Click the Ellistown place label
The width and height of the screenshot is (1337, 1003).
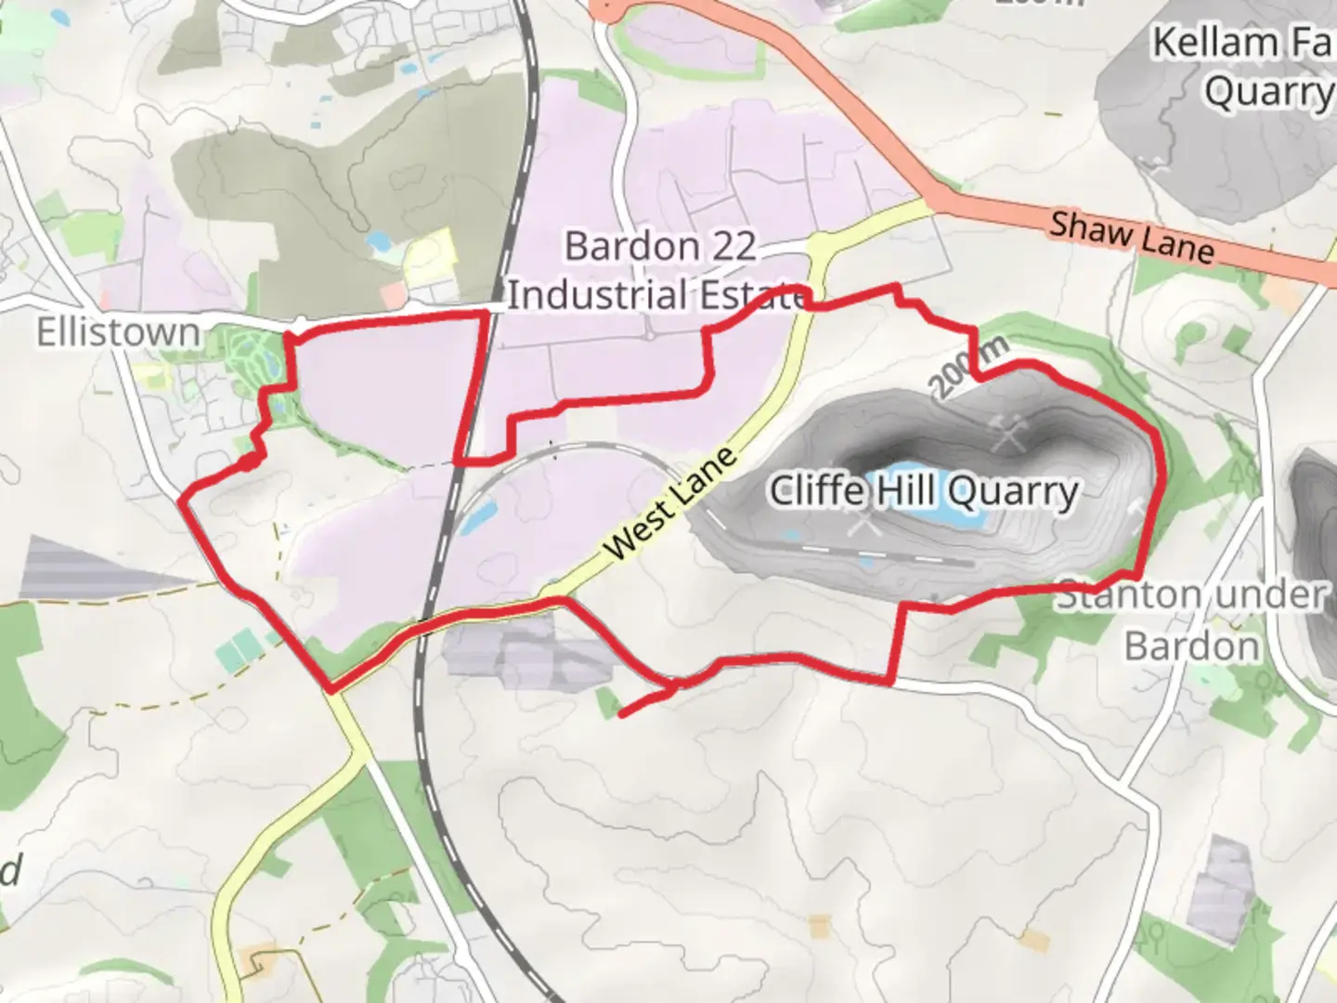click(x=118, y=332)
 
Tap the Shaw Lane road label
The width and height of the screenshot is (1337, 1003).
click(x=1132, y=237)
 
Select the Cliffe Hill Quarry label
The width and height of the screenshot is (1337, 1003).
click(x=924, y=490)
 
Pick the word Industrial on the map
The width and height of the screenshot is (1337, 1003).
click(x=596, y=295)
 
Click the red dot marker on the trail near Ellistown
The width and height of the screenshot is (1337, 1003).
click(x=248, y=462)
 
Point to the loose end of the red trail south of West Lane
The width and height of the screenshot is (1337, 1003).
click(x=621, y=714)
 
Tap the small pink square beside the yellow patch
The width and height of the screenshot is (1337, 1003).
click(x=394, y=296)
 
